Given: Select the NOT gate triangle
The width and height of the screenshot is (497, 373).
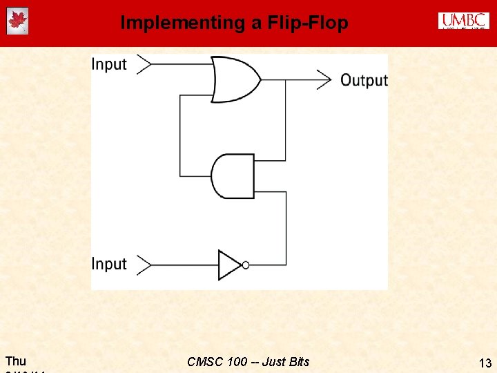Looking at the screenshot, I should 229,265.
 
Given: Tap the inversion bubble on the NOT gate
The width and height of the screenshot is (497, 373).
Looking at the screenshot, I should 245,265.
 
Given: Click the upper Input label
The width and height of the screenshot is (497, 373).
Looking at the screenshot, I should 109,64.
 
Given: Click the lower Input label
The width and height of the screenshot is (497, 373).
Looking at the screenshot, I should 109,264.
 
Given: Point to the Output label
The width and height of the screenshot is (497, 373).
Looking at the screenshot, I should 364,80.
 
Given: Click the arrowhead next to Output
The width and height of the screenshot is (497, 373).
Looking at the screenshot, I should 324,79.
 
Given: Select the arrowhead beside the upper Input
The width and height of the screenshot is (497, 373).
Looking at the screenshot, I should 143,64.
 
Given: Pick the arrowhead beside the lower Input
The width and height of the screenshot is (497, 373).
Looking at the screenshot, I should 143,265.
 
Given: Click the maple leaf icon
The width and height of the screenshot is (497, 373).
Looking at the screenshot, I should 17,21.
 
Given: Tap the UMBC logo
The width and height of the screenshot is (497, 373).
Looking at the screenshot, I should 463,21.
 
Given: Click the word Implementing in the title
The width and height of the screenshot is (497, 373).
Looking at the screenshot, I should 183,23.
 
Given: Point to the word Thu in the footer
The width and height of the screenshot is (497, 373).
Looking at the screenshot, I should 16,361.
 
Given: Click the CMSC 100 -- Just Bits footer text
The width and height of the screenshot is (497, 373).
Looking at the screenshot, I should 248,361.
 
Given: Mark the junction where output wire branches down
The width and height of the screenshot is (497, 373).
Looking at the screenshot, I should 286,79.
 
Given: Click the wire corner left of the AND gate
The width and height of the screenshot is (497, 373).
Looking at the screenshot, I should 179,175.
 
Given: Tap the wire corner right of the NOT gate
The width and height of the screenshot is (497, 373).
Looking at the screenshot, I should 286,265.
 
